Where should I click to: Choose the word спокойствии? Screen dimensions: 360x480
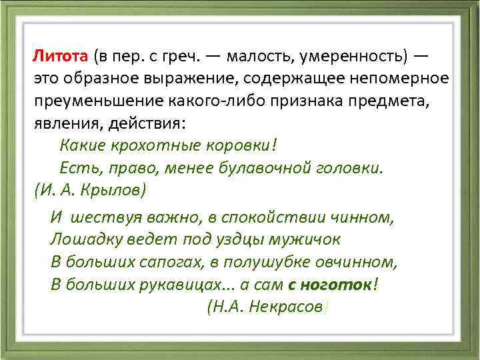pyautogui.click(x=275, y=217)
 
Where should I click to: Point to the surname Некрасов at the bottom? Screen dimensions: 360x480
pyautogui.click(x=285, y=306)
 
